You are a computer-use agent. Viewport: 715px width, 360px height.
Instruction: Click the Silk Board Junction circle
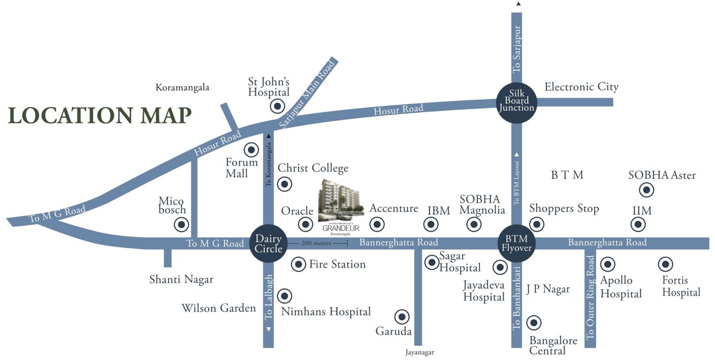(x=516, y=100)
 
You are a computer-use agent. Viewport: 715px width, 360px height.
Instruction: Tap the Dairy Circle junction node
(x=268, y=243)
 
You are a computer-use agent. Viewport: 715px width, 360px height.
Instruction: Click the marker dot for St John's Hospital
(x=277, y=106)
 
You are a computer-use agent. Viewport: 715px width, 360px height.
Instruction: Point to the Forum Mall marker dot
(x=251, y=150)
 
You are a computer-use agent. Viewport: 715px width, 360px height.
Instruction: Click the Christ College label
(x=313, y=168)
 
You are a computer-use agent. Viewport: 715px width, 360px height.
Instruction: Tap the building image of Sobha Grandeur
(x=340, y=199)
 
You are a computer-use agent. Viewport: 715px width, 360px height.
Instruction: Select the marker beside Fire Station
(x=298, y=264)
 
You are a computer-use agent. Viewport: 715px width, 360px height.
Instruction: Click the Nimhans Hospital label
(x=326, y=311)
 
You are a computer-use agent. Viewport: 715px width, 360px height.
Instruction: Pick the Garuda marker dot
(x=401, y=317)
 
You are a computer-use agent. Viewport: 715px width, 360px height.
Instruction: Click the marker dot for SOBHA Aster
(x=647, y=190)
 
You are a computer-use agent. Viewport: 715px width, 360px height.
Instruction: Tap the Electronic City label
(x=581, y=87)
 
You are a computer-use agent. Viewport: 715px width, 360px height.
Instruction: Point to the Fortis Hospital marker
(x=665, y=264)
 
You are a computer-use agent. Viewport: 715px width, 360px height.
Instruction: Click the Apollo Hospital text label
(x=621, y=287)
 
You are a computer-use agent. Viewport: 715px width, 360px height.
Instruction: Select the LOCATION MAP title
(x=100, y=116)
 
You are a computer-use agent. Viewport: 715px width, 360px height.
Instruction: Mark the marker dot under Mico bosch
(x=182, y=225)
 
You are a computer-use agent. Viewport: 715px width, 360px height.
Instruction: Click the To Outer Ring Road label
(x=590, y=297)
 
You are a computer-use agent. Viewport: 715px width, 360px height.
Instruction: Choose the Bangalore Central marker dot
(x=534, y=323)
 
